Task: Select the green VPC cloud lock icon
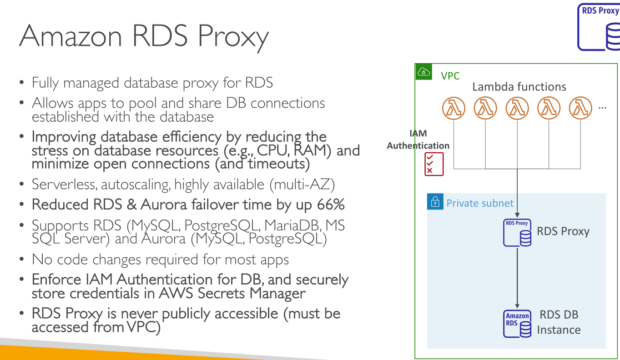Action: coord(423,72)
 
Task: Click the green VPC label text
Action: coord(450,76)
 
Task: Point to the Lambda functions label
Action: coord(519,86)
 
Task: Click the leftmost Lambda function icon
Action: coord(454,109)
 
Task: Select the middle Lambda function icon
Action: coord(517,109)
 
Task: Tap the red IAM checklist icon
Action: coord(434,164)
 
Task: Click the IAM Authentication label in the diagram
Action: coord(418,140)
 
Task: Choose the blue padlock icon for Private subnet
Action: coord(435,202)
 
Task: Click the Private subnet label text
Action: coord(479,203)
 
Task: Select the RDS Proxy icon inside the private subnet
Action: coord(517,233)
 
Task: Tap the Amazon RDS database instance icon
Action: coord(517,323)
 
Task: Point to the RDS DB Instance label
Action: coord(559,322)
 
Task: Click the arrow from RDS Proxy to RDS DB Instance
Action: coord(517,277)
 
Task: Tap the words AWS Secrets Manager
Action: coord(232,293)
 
